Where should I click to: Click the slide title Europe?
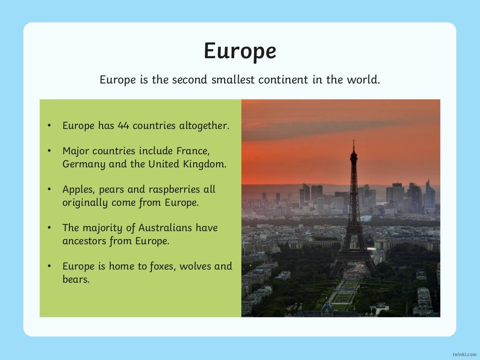240,51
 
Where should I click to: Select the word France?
192,151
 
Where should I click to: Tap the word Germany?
83,165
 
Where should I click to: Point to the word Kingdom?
205,164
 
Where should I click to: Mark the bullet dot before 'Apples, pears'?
49,190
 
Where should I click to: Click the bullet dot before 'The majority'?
49,228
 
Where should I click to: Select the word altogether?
204,126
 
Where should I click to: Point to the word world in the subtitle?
364,80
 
